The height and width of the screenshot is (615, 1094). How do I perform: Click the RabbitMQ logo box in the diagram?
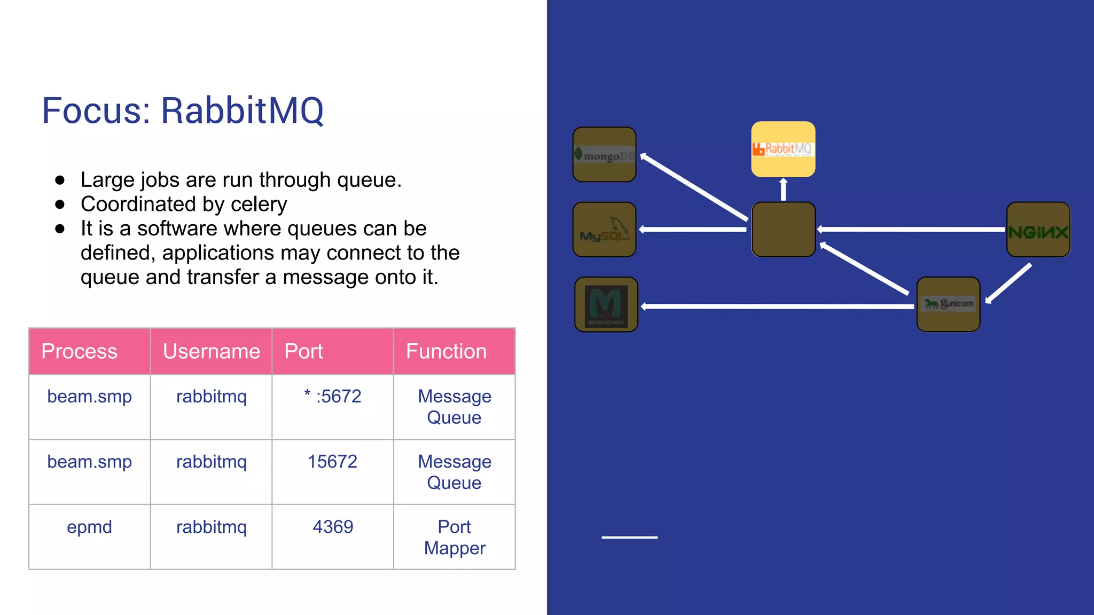[x=783, y=149]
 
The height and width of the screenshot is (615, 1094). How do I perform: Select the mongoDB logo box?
[x=604, y=155]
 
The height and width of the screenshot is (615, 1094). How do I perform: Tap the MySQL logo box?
[x=604, y=230]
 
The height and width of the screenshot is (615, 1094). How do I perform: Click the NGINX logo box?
[x=1038, y=230]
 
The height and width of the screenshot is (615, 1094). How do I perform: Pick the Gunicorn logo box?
[x=948, y=304]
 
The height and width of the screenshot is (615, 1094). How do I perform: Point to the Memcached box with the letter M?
[x=606, y=304]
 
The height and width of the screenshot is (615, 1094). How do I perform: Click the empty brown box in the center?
[x=783, y=230]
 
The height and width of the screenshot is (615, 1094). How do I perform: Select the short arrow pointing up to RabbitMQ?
[x=783, y=190]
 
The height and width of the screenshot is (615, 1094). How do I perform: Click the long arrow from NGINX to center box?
[x=911, y=230]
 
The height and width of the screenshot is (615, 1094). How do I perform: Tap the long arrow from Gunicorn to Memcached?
[x=777, y=306]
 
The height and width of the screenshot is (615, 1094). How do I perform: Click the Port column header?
[x=332, y=351]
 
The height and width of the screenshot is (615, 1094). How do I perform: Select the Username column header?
[x=211, y=351]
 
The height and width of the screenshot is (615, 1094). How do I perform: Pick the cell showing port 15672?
[x=332, y=462]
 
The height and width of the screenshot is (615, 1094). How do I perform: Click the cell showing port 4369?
[x=332, y=527]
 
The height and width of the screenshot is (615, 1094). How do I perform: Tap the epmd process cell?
[x=89, y=527]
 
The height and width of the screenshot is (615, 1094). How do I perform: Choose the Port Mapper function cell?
[x=454, y=537]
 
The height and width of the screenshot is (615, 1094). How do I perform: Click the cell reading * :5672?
[x=332, y=397]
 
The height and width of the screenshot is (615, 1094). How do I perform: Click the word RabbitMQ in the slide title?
[x=242, y=111]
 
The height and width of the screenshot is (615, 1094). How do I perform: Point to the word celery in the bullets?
[x=259, y=204]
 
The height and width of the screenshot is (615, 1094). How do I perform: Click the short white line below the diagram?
[x=629, y=537]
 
